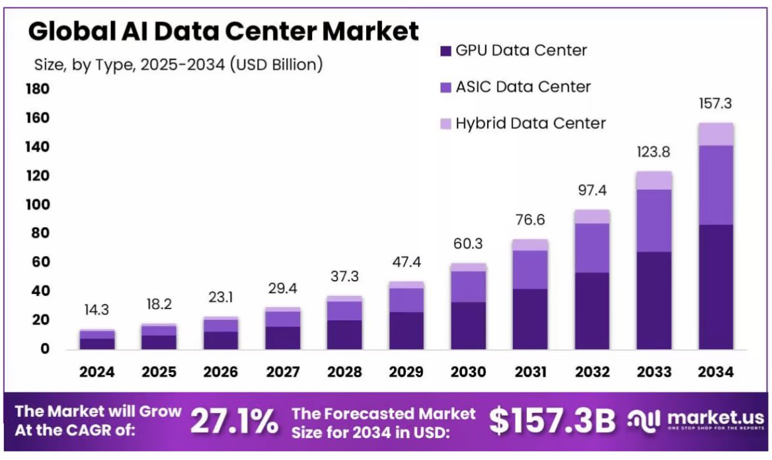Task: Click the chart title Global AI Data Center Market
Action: point(223,31)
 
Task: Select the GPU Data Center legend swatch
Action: point(445,51)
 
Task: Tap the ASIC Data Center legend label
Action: point(523,87)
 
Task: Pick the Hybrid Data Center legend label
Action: point(530,123)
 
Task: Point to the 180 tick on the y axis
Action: point(37,89)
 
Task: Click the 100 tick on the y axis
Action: point(37,205)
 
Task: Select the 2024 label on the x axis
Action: point(97,372)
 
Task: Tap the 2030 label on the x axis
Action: point(468,372)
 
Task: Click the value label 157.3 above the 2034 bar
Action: point(715,104)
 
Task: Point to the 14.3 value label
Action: point(97,310)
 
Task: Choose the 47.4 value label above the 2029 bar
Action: point(406,263)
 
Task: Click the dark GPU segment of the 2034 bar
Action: point(715,287)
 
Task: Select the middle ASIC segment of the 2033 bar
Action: point(654,220)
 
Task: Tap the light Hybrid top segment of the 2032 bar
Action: point(592,216)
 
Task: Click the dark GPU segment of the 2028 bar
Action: point(344,334)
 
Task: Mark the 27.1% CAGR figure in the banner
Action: point(235,421)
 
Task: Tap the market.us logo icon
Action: point(644,420)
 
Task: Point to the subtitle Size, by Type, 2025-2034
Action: point(178,64)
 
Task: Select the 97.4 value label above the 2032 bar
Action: point(592,191)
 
